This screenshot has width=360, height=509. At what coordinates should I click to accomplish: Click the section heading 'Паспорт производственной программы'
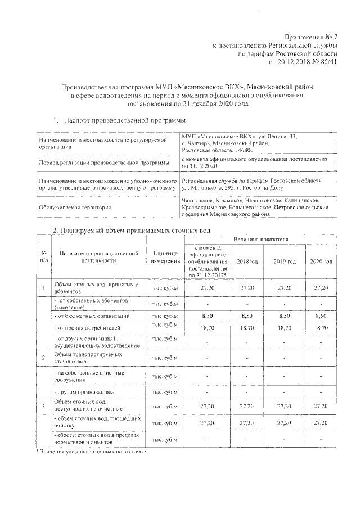click(124, 121)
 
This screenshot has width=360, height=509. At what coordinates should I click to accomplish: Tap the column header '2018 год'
click(247, 262)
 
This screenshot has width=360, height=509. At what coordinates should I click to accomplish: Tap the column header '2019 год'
click(285, 262)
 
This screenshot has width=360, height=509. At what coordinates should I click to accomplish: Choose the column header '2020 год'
click(321, 262)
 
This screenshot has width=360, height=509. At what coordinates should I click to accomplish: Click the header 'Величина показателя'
click(265, 240)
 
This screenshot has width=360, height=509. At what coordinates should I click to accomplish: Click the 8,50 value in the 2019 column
click(285, 317)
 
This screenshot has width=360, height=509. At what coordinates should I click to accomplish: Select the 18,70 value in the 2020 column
click(321, 327)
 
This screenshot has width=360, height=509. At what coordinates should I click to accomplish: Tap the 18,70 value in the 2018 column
click(247, 327)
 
